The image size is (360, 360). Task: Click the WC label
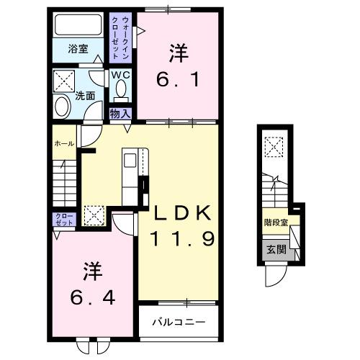coord(120,74)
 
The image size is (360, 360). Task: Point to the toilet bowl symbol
coord(120,91)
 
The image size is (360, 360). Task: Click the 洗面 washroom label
coord(86,94)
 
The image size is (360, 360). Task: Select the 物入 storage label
coord(120,113)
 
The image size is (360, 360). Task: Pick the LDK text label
coord(181,213)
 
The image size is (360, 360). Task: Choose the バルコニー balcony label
coord(179,322)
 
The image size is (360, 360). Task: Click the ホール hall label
coord(65,143)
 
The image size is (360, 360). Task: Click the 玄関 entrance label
coord(276,249)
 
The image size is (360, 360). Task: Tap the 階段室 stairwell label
coord(276,222)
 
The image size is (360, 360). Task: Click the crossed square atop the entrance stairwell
coord(273,148)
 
